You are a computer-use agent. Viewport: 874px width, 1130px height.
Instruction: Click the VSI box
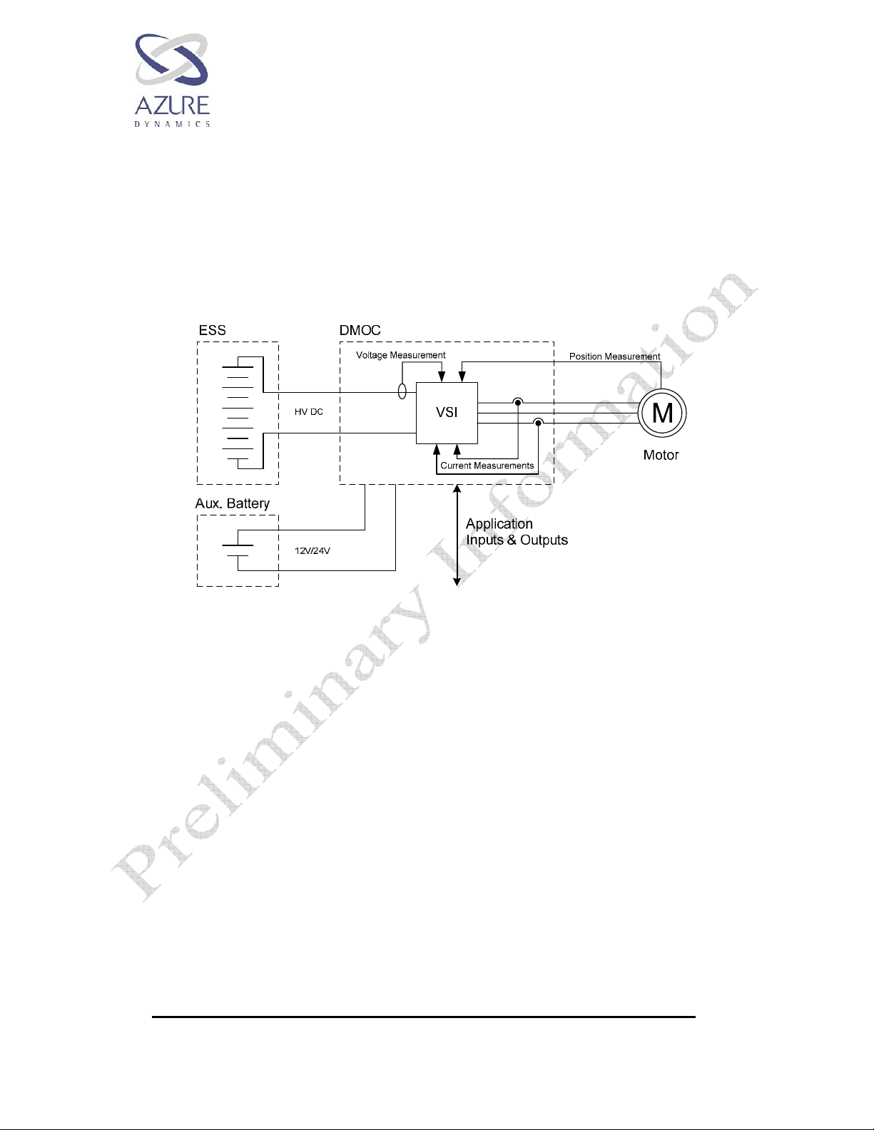coord(447,413)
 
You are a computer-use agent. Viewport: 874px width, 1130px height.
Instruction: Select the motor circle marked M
coord(662,413)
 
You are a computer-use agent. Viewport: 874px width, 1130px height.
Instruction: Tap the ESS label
coord(212,330)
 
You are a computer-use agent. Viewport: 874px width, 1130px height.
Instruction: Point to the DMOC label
coord(360,330)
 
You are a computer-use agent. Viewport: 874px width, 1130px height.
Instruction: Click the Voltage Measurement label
coord(400,355)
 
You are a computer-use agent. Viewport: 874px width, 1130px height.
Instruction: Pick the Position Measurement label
coord(614,356)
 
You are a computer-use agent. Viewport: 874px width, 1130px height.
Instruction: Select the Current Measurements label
coord(487,466)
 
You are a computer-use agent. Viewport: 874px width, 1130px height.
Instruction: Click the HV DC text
coord(309,412)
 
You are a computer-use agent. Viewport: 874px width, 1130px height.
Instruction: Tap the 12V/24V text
coord(312,551)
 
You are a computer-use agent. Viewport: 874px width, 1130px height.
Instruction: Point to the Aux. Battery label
coord(233,503)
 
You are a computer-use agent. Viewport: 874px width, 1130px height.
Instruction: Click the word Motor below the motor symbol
coord(661,455)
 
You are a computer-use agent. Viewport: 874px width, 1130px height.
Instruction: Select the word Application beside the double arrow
coord(499,524)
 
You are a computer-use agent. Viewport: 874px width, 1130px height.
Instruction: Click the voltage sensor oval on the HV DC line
coord(402,391)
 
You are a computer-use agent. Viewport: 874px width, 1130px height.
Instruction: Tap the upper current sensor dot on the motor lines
coord(518,403)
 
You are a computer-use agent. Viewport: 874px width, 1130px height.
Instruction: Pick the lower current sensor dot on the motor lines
coord(539,423)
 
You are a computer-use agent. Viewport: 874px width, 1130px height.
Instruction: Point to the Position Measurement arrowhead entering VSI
coord(462,378)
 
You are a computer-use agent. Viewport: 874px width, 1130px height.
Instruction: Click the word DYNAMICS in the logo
coord(172,124)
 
